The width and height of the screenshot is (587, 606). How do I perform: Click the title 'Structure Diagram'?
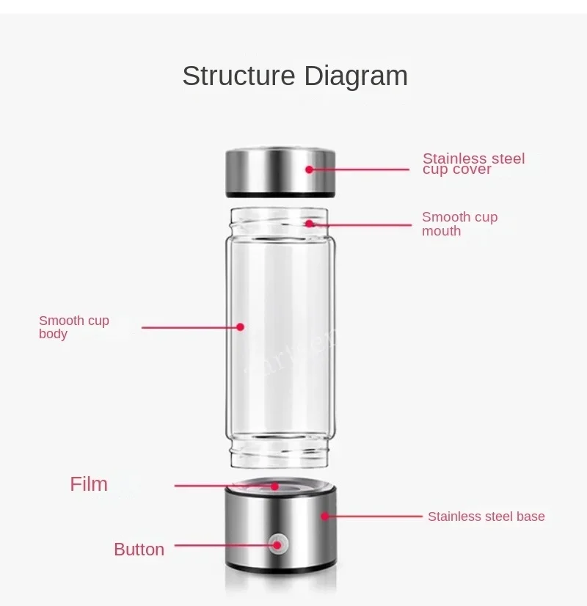click(x=294, y=76)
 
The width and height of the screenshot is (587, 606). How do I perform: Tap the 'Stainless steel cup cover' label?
click(x=473, y=164)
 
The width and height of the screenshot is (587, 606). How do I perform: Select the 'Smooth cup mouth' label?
click(x=459, y=224)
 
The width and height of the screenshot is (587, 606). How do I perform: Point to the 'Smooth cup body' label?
click(x=73, y=327)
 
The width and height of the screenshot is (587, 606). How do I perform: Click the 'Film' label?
click(x=89, y=484)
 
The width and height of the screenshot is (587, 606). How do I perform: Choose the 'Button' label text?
click(x=139, y=550)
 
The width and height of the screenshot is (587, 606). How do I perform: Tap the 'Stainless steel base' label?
click(x=486, y=516)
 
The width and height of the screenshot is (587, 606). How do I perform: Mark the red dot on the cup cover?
click(x=310, y=169)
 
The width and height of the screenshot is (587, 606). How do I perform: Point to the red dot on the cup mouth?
click(x=310, y=223)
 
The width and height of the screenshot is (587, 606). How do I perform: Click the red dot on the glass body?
click(x=240, y=327)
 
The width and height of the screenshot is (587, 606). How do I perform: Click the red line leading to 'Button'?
click(x=220, y=545)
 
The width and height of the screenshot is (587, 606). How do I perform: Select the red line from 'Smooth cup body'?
click(x=187, y=327)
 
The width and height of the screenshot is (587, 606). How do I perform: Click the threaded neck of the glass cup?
click(x=280, y=220)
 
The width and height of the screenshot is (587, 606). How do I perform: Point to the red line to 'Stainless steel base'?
click(x=371, y=516)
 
